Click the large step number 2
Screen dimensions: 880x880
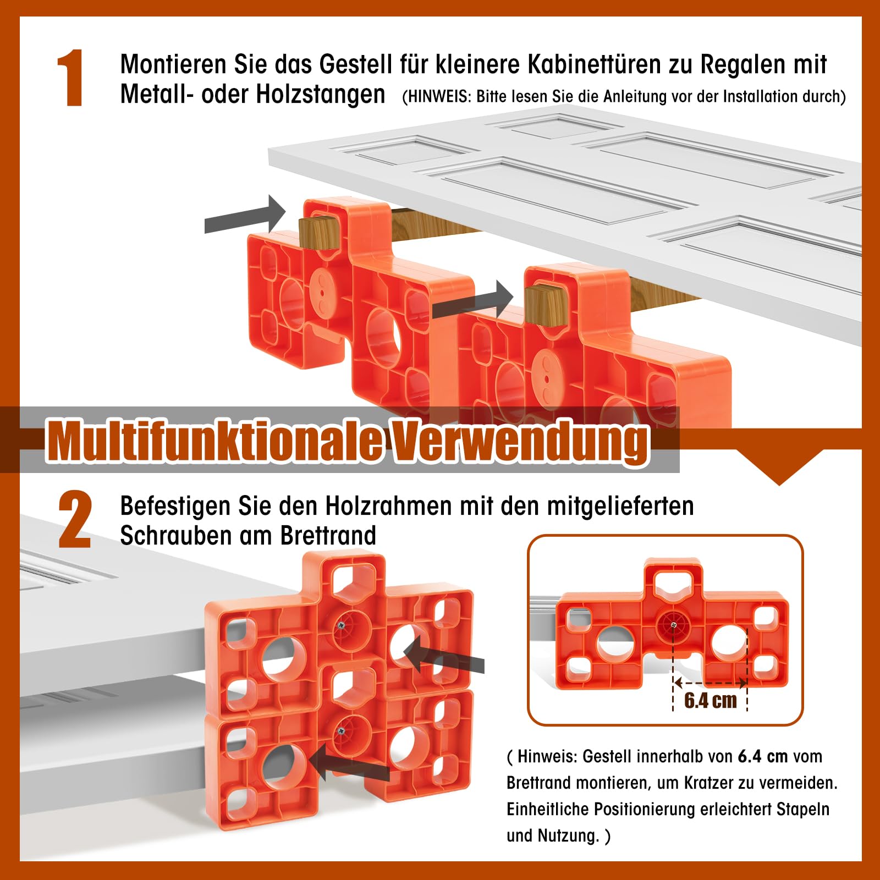(75, 520)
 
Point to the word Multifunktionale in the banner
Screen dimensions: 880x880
(215, 441)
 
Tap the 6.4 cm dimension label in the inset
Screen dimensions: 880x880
(710, 700)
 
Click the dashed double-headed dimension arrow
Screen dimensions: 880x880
(710, 684)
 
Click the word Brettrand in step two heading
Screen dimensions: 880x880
(328, 535)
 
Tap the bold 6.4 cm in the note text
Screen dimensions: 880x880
(762, 756)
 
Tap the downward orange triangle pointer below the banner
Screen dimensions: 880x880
(779, 468)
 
